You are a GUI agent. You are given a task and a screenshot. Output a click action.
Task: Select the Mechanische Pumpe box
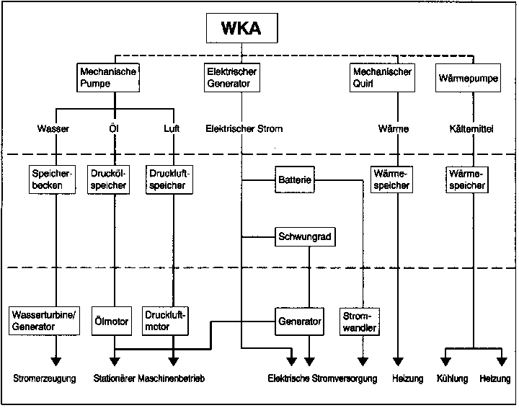tap(107, 77)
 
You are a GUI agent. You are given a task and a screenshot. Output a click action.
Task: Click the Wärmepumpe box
tap(468, 77)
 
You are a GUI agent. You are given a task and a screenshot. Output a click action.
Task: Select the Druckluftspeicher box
tap(168, 179)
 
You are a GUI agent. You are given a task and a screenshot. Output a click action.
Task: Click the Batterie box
tap(295, 179)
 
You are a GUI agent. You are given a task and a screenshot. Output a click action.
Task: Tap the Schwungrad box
tap(306, 236)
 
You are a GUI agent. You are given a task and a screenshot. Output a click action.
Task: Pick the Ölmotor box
tap(112, 321)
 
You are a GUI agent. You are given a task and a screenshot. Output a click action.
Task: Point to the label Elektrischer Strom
tap(244, 129)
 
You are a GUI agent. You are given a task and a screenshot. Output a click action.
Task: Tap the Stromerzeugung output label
tap(44, 378)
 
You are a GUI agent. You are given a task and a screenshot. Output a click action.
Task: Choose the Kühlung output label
tap(452, 378)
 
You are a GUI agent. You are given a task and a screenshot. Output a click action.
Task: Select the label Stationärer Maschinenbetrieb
tap(149, 378)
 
